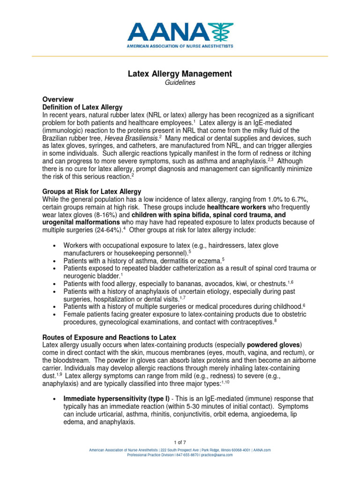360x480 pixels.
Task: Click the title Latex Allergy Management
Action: (x=180, y=74)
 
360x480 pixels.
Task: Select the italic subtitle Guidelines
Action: (x=180, y=82)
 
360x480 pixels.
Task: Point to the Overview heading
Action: (x=58, y=99)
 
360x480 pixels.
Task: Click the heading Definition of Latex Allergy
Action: (x=82, y=107)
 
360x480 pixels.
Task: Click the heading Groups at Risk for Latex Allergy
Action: (x=92, y=192)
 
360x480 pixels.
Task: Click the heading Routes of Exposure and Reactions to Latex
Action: (x=109, y=337)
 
